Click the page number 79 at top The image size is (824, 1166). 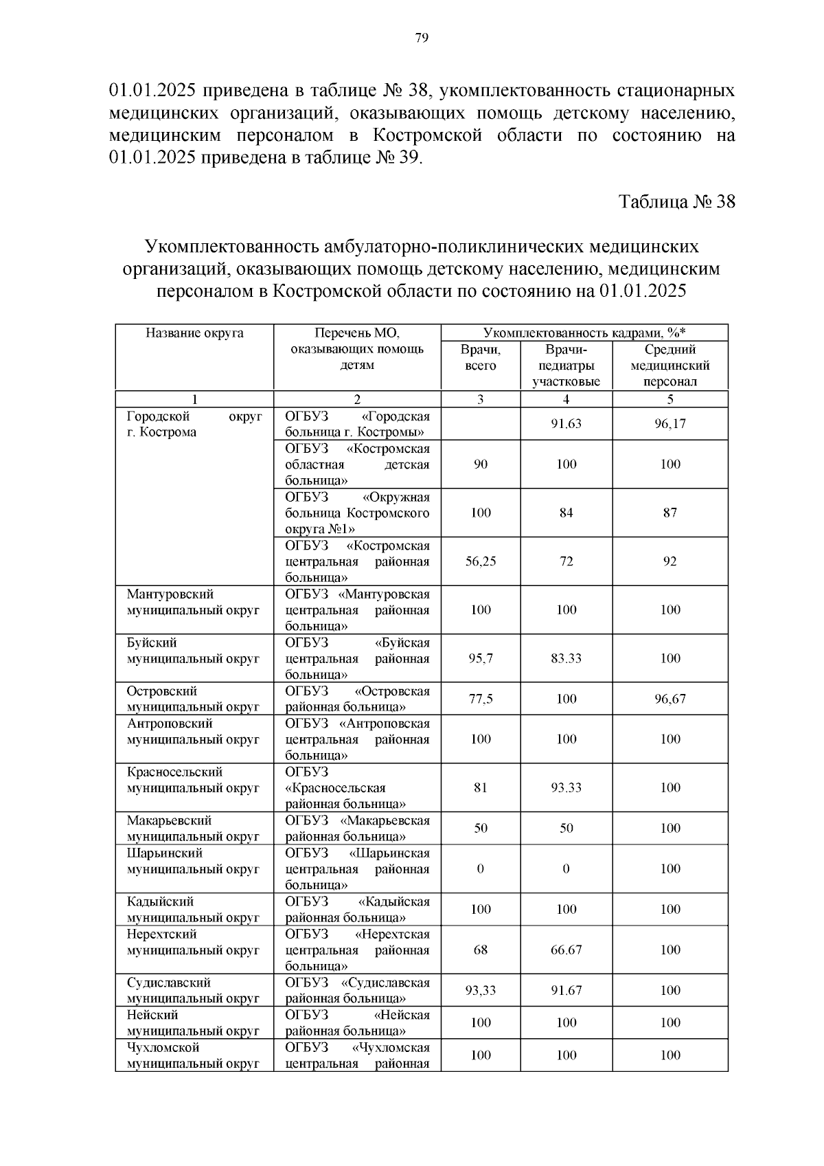422,38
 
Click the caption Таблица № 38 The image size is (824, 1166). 676,202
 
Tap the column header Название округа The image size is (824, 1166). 194,333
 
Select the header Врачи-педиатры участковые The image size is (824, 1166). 566,366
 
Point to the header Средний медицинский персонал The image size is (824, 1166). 669,366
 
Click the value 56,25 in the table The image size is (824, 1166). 481,561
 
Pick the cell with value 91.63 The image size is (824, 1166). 566,424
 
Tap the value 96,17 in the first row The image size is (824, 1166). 669,424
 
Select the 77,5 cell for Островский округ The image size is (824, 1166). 481,699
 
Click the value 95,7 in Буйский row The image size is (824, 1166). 481,658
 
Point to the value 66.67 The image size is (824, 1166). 566,950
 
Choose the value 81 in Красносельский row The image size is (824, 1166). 481,787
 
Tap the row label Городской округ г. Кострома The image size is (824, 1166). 194,425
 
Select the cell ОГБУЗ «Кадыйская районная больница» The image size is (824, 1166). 357,909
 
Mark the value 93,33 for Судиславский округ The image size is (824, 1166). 481,990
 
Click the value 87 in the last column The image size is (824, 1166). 669,513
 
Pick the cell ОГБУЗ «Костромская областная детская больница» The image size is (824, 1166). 357,464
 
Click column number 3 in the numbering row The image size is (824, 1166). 481,399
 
